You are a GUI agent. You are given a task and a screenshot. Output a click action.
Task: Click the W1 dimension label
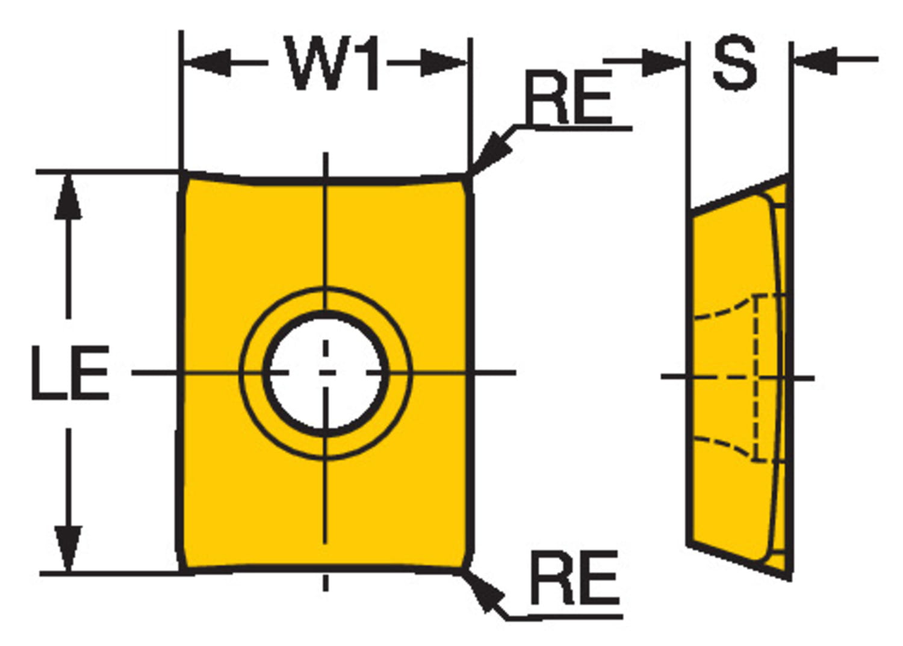333,64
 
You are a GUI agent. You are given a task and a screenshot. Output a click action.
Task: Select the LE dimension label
70,373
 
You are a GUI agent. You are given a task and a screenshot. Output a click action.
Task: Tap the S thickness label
734,62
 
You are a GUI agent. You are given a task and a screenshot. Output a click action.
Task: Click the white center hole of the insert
325,373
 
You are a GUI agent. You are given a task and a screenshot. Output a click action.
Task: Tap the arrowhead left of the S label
662,62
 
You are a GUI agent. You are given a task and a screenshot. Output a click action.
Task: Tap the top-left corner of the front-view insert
184,175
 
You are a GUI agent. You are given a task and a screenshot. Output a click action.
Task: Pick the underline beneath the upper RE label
578,128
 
